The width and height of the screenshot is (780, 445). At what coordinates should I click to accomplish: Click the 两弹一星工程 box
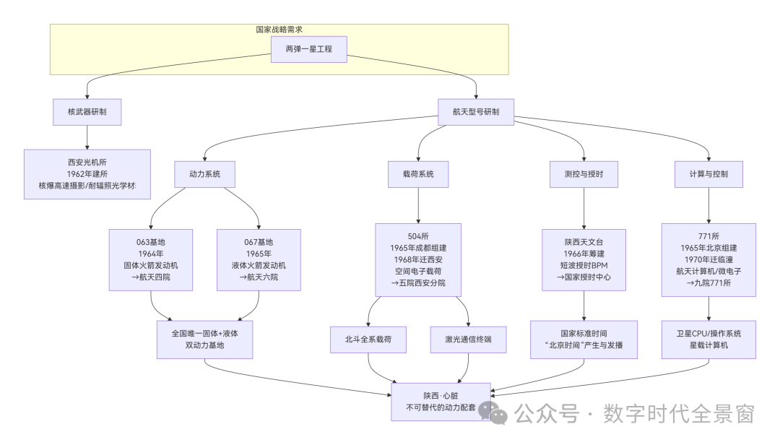pos(308,49)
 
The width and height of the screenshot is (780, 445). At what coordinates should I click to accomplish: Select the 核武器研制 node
pos(87,112)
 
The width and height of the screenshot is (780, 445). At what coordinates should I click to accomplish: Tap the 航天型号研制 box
pos(475,112)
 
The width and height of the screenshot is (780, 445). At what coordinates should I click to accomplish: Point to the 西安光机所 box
pos(87,174)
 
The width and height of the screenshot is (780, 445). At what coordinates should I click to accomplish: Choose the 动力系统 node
pos(204,174)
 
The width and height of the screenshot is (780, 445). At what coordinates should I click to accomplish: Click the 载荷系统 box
pos(418,174)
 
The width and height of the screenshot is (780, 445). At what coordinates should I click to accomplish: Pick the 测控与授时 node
pos(584,174)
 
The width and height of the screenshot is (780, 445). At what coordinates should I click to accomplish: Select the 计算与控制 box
pos(708,174)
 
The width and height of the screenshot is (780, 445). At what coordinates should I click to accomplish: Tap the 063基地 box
pos(151,260)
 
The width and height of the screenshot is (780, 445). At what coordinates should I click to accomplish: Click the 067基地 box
pos(259,260)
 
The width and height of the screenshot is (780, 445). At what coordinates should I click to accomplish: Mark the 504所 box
pos(418,260)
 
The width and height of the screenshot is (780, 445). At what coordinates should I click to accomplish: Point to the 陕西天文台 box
pos(584,260)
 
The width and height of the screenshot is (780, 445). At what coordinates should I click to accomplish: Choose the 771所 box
pos(708,260)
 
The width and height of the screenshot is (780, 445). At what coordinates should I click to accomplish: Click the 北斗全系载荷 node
pos(368,340)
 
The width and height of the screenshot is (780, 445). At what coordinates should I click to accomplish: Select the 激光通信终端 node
pos(468,340)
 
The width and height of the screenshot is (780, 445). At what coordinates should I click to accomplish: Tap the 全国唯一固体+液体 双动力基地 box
pos(204,340)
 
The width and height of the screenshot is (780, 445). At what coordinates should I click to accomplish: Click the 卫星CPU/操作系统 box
pos(708,340)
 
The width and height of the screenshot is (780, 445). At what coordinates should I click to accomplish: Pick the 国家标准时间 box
pos(584,340)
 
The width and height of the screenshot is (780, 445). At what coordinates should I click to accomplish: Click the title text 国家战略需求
pos(279,30)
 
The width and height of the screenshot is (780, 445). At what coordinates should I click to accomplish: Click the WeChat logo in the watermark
pos(493,412)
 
